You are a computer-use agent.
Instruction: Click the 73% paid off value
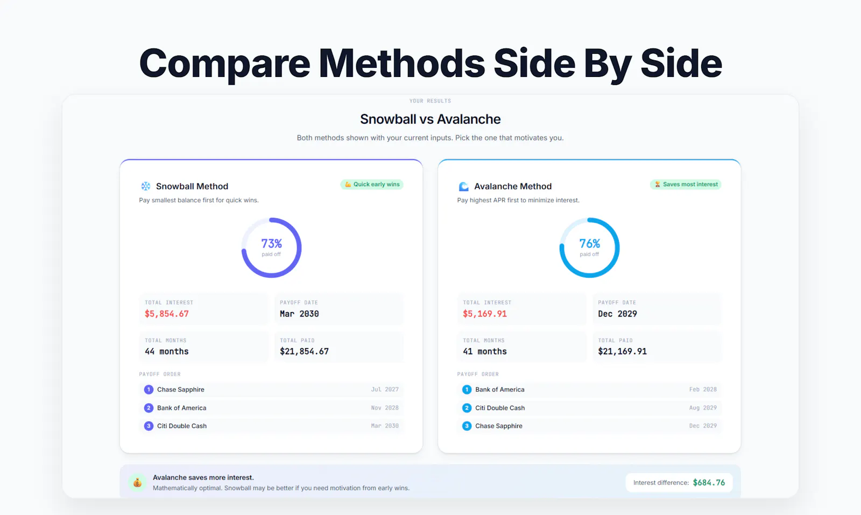(271, 243)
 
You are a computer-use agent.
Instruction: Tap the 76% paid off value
(589, 243)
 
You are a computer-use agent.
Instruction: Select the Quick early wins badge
(372, 185)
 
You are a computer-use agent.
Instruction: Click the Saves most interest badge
(686, 185)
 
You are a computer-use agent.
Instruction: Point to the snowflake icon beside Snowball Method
(146, 186)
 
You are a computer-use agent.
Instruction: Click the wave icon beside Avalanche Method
(463, 186)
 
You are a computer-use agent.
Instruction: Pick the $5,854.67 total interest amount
(167, 314)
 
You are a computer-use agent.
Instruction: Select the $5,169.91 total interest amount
(485, 314)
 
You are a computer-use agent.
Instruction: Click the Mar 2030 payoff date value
(299, 314)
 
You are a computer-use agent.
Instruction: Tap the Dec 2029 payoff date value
(617, 314)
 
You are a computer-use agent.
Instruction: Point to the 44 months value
(167, 351)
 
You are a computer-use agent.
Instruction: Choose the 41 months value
(485, 351)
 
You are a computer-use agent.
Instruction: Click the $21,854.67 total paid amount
(305, 351)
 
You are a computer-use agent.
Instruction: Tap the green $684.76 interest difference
(709, 483)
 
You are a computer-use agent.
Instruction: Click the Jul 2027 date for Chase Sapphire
(385, 389)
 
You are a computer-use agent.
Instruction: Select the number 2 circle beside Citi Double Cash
(467, 408)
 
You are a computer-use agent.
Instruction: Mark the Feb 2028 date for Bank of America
(703, 389)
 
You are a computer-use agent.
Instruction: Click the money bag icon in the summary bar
(137, 483)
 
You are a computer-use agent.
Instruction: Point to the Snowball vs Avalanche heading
(430, 119)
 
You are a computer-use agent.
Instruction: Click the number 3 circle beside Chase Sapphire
(467, 426)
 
